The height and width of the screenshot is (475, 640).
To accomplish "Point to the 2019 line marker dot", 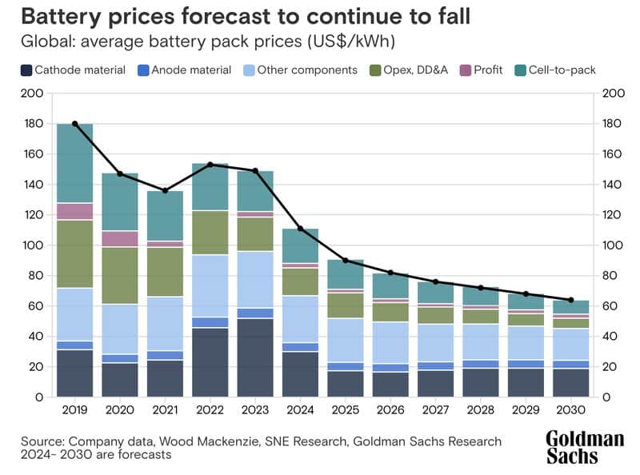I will (75, 124).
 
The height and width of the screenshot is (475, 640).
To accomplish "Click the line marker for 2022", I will (210, 165).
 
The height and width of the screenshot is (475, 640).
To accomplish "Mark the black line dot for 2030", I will (570, 300).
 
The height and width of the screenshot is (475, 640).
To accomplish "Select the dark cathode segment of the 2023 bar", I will (256, 357).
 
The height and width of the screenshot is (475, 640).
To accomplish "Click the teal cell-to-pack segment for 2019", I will (75, 163).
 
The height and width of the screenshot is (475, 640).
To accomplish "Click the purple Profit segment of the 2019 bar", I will (75, 211).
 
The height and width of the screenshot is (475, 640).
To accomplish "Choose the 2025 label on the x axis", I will (346, 410).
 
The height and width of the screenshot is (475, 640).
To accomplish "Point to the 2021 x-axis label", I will (166, 410).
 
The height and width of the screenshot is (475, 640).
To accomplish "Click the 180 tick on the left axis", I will (32, 124).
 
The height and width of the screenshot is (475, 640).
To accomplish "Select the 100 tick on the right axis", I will (610, 245).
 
